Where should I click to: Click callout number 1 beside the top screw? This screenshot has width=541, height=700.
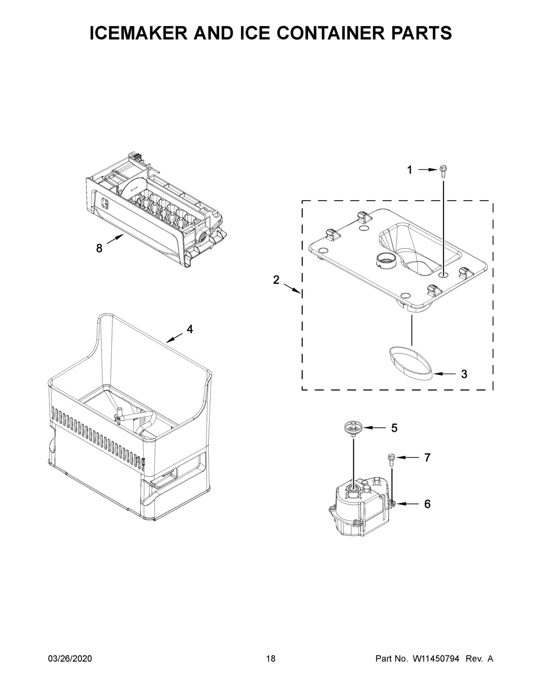[x=409, y=170]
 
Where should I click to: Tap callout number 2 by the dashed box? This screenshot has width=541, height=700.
[x=276, y=280]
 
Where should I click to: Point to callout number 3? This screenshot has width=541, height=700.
[x=463, y=374]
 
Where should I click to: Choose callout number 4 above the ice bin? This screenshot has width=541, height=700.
[x=190, y=329]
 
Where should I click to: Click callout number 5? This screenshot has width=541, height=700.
[x=394, y=428]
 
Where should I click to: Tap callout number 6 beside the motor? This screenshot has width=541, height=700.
[x=427, y=503]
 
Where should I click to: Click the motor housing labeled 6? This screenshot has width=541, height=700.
[x=358, y=509]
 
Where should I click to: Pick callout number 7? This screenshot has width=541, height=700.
[x=427, y=458]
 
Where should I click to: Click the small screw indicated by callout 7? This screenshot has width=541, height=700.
[x=390, y=458]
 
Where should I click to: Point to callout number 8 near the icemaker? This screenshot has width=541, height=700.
[x=99, y=248]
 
